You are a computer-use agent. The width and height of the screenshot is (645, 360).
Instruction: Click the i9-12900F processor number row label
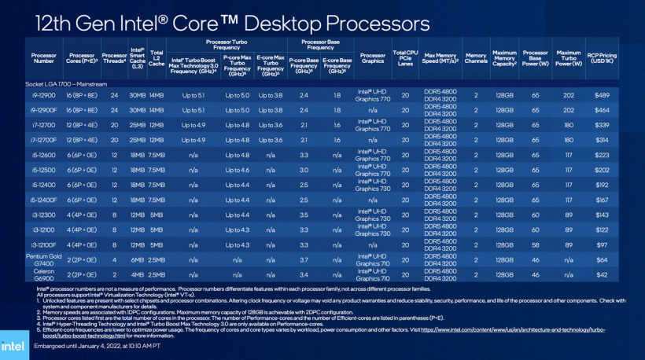click(44, 110)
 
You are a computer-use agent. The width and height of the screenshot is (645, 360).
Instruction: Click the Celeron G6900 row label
click(44, 274)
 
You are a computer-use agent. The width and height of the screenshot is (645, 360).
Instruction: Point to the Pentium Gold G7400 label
click(44, 259)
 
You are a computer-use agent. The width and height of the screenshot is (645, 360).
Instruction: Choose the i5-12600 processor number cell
click(44, 155)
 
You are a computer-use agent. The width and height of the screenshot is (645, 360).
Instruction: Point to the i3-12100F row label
click(44, 244)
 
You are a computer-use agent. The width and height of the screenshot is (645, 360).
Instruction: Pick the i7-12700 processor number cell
click(44, 125)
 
